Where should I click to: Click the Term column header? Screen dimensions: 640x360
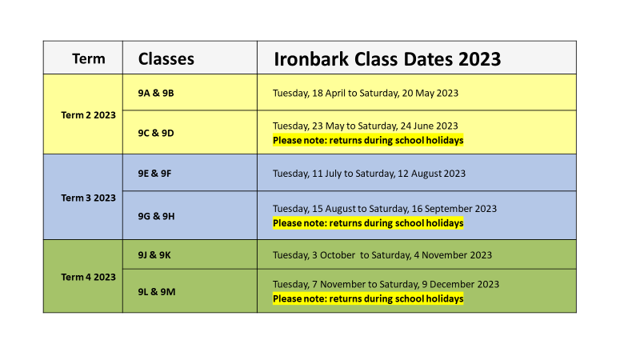(89, 58)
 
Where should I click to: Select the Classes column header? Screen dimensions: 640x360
(166, 58)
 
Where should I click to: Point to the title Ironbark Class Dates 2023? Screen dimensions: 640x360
(387, 58)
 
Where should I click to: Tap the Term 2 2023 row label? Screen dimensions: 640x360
(89, 115)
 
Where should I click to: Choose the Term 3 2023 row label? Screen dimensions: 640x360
(89, 198)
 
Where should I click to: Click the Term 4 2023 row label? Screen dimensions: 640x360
(89, 277)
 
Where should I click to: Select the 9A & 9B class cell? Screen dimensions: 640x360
(156, 93)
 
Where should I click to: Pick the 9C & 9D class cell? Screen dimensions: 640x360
(156, 133)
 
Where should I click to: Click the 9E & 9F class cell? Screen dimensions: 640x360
(154, 174)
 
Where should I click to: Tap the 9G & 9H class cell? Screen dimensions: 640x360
(156, 216)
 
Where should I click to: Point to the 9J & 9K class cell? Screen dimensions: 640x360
(154, 255)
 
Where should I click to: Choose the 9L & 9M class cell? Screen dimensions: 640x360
(157, 292)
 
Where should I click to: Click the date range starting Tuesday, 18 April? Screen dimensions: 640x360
(366, 93)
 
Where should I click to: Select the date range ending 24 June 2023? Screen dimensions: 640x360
(366, 126)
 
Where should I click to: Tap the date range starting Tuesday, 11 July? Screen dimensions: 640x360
(369, 174)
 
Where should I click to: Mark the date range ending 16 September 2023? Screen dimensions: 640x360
(385, 209)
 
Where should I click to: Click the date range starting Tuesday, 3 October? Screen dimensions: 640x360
(382, 255)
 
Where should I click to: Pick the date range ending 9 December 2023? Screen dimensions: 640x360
(386, 284)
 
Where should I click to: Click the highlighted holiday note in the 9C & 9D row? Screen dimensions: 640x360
(368, 141)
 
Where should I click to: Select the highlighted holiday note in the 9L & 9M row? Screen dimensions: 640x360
(368, 298)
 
